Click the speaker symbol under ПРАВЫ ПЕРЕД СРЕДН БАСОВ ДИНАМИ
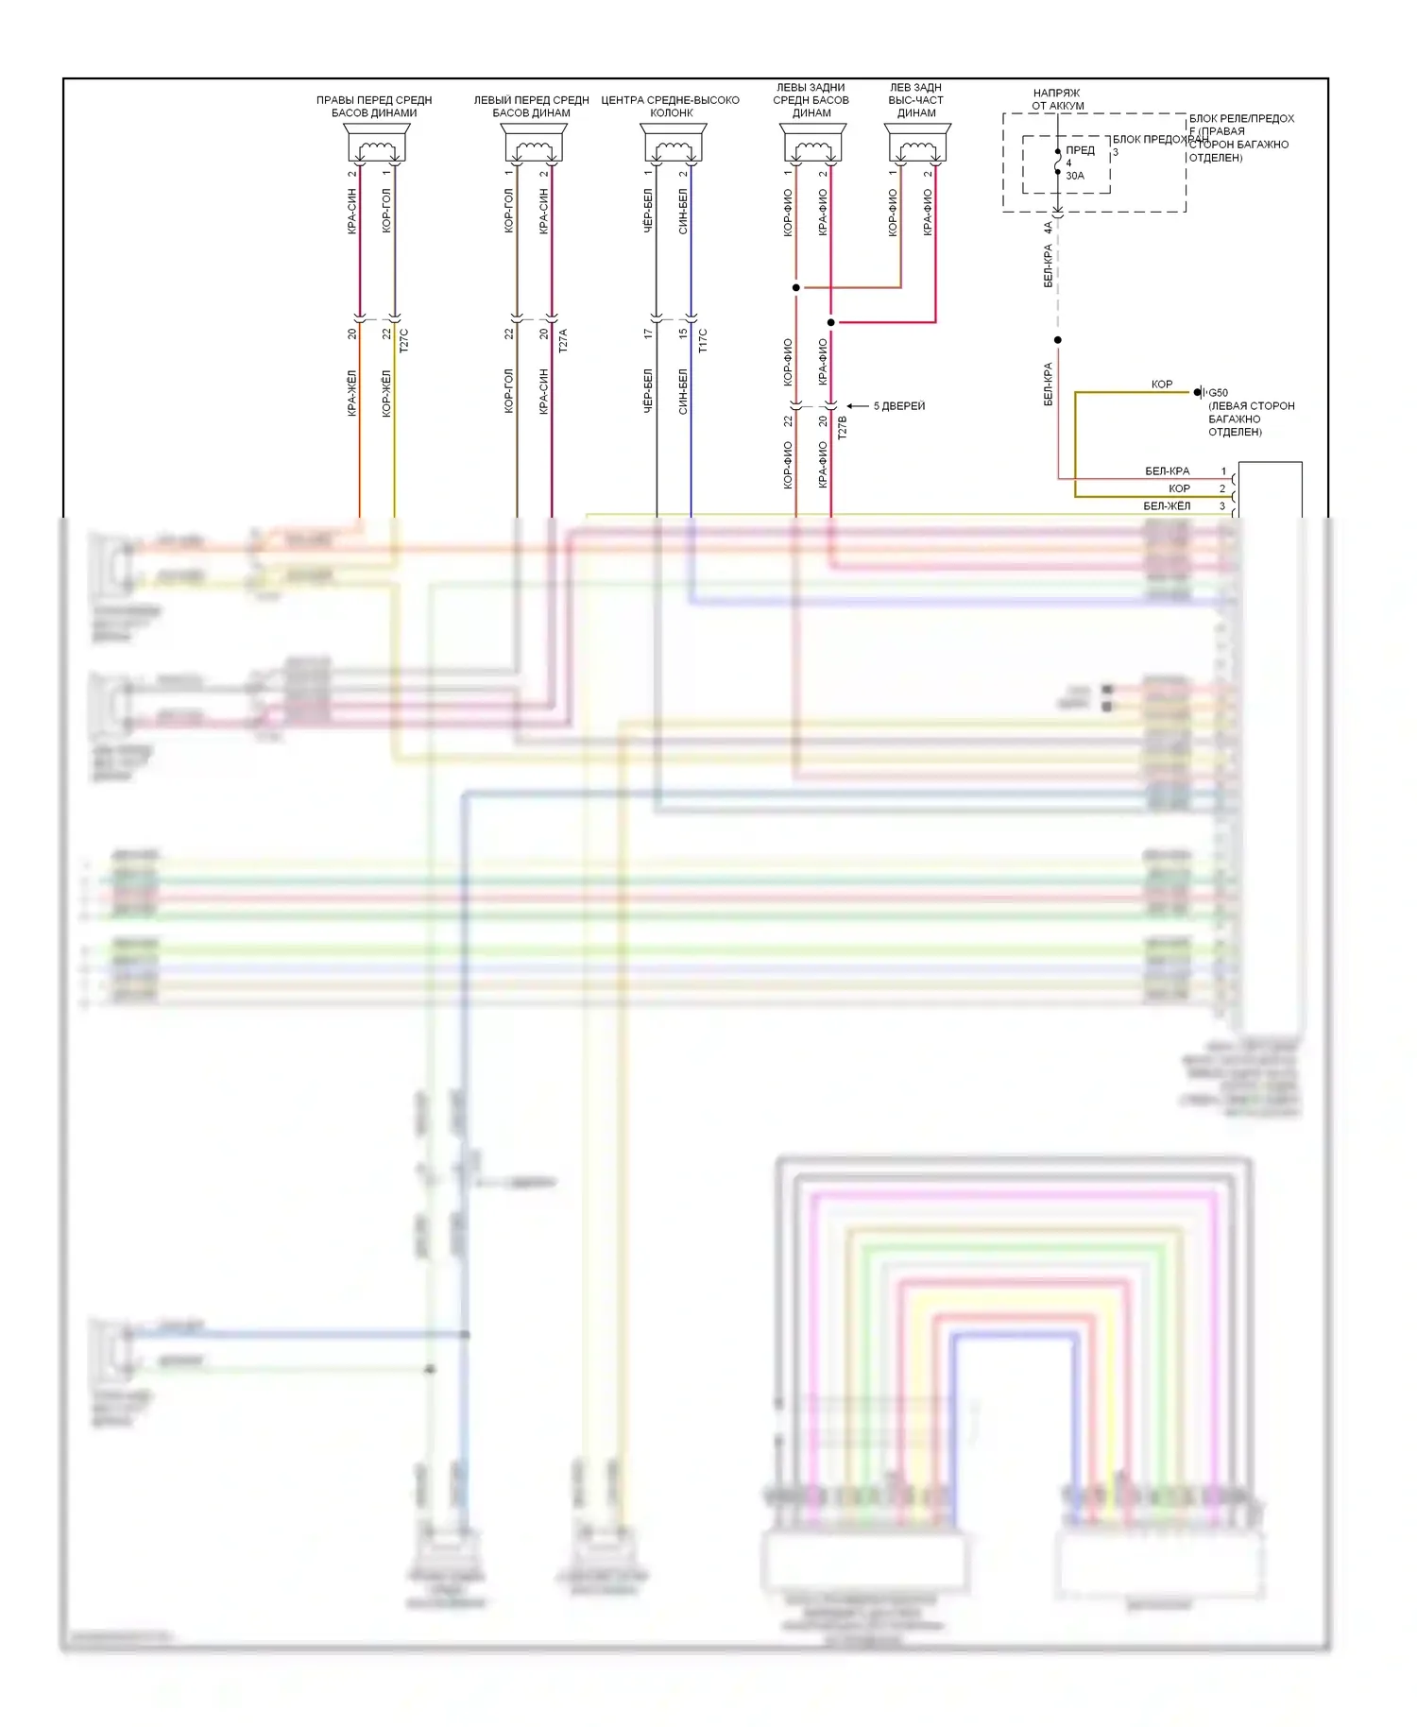[376, 144]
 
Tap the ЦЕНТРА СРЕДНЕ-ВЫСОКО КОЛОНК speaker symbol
[673, 144]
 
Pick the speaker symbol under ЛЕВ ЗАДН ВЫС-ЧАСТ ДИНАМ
[917, 144]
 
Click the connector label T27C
[404, 340]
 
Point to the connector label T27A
[563, 340]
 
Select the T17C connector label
[702, 340]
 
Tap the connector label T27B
[842, 428]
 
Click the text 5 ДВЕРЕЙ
[899, 406]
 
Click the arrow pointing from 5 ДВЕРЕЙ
[857, 406]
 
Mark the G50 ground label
[1219, 393]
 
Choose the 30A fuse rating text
[1075, 176]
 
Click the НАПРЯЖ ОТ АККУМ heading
[1057, 99]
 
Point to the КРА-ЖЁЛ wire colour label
[352, 393]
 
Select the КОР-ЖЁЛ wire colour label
[386, 393]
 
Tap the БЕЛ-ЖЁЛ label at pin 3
[1167, 506]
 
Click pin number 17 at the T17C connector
[648, 333]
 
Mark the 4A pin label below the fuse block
[1048, 228]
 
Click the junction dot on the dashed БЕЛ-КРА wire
[1058, 340]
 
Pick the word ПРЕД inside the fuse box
[1080, 150]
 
